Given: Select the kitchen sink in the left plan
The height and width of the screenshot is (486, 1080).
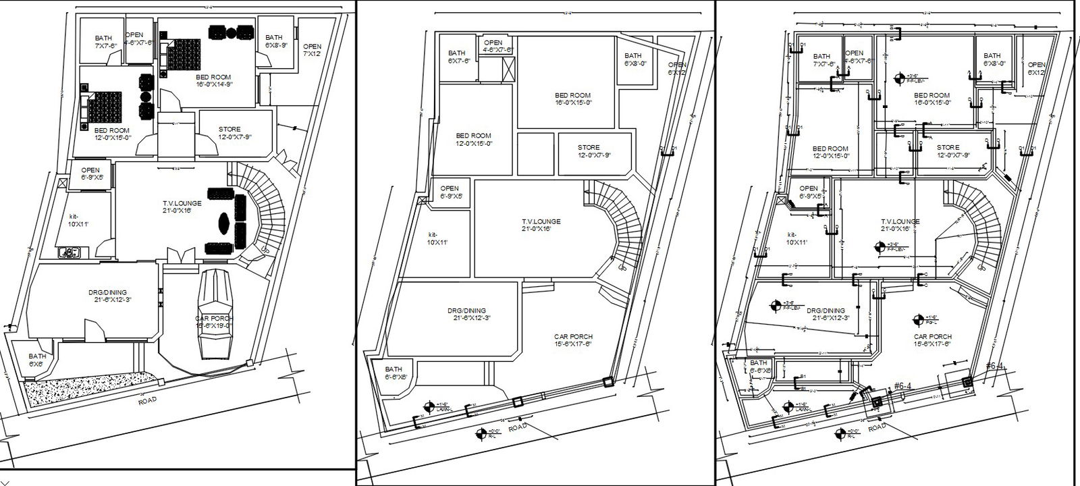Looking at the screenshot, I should click(70, 253).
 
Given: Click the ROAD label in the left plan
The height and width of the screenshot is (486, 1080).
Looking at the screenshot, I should click(146, 400).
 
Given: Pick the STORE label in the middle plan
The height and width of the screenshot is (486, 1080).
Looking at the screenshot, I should click(589, 151).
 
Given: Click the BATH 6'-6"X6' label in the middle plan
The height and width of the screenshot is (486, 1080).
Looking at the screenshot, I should click(395, 373).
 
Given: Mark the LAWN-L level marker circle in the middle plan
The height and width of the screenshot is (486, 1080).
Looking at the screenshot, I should click(428, 406).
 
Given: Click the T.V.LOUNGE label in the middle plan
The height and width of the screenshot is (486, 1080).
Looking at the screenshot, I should click(541, 225).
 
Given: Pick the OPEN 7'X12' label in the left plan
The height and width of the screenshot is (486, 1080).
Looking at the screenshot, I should click(312, 50).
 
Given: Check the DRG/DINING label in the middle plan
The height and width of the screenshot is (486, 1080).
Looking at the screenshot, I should click(466, 314).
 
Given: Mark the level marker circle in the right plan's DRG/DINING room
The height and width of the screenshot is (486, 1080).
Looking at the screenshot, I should click(775, 306).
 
